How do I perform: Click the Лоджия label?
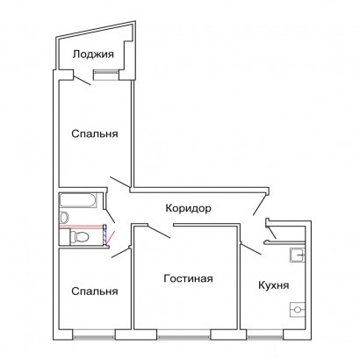coord(93,54)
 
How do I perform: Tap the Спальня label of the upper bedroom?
coord(95,133)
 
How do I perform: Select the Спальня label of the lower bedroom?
coord(95,292)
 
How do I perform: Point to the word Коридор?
coord(188,208)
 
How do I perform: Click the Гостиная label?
coord(188,278)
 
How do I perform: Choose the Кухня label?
coord(274,285)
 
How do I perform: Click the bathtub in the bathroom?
coord(78,200)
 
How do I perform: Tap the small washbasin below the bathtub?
coord(64,217)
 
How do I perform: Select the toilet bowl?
coord(79,236)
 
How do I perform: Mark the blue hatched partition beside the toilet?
coord(104,234)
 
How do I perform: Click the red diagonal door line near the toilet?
coord(111,237)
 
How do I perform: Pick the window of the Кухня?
coord(265,336)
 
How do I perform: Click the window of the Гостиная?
coord(184,336)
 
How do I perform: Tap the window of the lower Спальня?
coord(94,336)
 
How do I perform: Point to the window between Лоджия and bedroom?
coord(105,75)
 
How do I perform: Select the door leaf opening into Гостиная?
coord(159,232)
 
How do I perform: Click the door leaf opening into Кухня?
coord(251,248)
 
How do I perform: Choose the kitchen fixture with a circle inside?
coord(298,310)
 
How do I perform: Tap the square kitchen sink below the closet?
coord(298,256)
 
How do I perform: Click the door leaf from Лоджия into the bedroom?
coord(82,81)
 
